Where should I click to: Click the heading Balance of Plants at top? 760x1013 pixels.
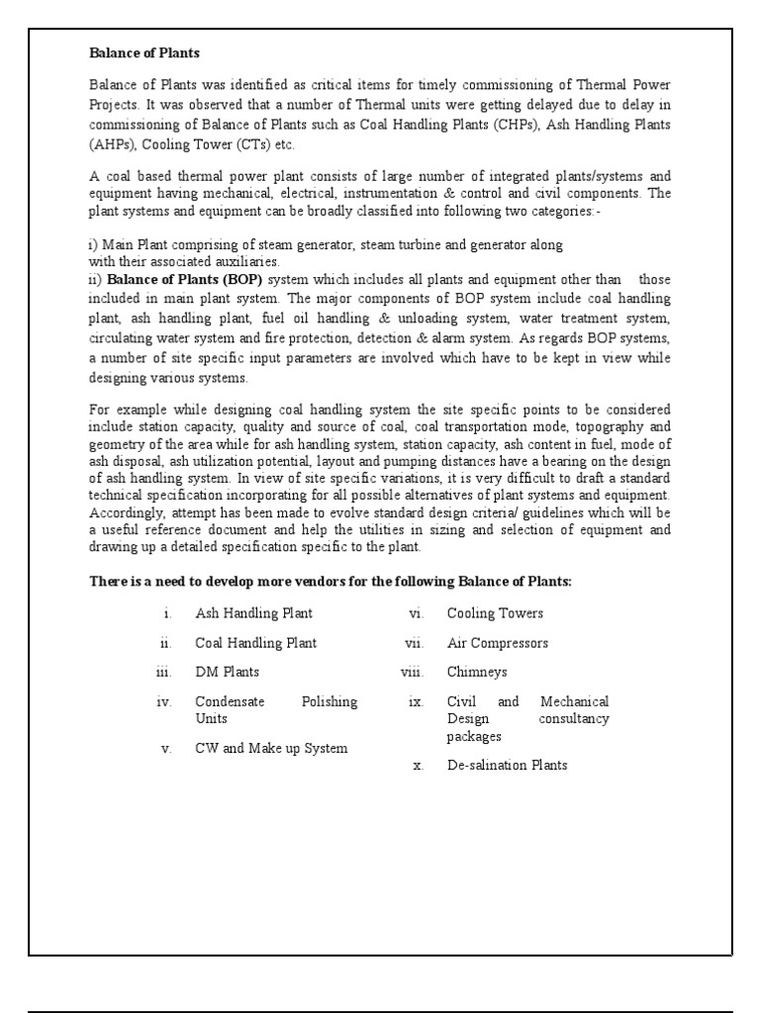pyautogui.click(x=144, y=52)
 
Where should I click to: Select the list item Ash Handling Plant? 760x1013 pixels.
pyautogui.click(x=253, y=613)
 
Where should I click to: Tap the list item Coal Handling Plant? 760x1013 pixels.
pyautogui.click(x=255, y=643)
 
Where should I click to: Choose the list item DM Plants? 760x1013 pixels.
pyautogui.click(x=227, y=672)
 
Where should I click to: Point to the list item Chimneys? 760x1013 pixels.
pyautogui.click(x=477, y=672)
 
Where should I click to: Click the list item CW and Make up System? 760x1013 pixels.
pyautogui.click(x=271, y=748)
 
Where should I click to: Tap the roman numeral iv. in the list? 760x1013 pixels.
pyautogui.click(x=164, y=701)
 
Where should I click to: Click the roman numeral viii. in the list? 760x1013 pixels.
pyautogui.click(x=412, y=672)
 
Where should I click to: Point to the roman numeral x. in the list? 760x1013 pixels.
pyautogui.click(x=418, y=765)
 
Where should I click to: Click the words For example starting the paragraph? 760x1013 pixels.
pyautogui.click(x=125, y=409)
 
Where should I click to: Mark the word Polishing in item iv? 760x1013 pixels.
pyautogui.click(x=329, y=701)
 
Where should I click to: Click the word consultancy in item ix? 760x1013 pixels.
pyautogui.click(x=574, y=718)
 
